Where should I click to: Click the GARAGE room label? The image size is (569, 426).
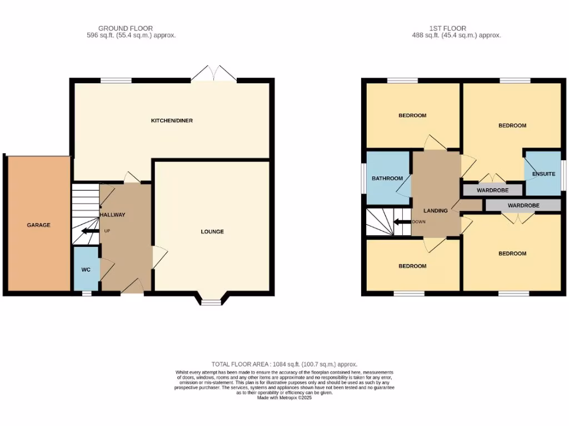coord(39,225)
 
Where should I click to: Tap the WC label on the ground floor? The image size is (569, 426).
coord(86,270)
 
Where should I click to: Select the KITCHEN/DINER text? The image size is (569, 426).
coord(172,120)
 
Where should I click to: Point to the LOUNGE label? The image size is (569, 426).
coord(212,231)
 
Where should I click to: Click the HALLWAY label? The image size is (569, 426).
coord(113,215)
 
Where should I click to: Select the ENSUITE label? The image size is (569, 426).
coord(543,174)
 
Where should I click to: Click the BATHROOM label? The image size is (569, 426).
coord(387,178)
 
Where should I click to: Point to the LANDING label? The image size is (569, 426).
coord(436,211)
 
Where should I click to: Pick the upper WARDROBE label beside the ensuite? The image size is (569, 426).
coord(492,190)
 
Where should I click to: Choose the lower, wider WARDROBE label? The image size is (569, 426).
coord(523,205)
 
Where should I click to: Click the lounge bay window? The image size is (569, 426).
coord(210,301)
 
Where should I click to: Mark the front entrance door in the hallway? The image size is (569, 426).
coord(131,287)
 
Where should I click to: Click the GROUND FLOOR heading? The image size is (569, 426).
coord(126,28)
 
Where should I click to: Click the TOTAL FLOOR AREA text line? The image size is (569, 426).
coord(284,364)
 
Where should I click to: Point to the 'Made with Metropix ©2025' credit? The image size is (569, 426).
coord(284,397)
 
